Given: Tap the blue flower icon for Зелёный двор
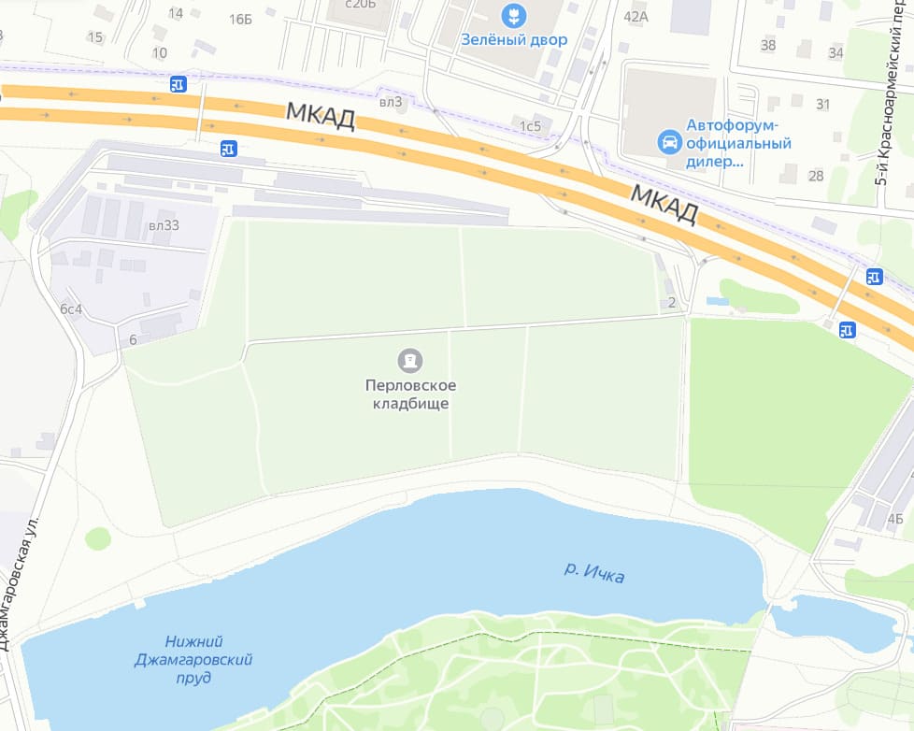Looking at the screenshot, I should point(513,15).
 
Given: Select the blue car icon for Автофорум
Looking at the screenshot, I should point(669,142).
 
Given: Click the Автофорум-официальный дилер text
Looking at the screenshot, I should point(738,142).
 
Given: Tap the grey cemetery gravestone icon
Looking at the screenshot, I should point(408,360).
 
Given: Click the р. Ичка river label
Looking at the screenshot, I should point(594,572).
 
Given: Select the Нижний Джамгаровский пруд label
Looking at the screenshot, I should point(193,659).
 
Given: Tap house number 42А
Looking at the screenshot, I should point(636,16).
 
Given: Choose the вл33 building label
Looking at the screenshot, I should point(164,225).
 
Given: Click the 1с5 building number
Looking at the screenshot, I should point(531,126).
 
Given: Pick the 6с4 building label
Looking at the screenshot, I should point(71,308).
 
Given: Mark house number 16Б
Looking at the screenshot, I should point(240,20).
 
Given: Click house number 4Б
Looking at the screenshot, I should point(895,519).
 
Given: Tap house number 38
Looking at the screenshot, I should point(768,45).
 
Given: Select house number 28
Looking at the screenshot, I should point(816,176).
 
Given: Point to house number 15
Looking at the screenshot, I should point(94,37).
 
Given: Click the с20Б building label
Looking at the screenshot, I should point(360,4).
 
